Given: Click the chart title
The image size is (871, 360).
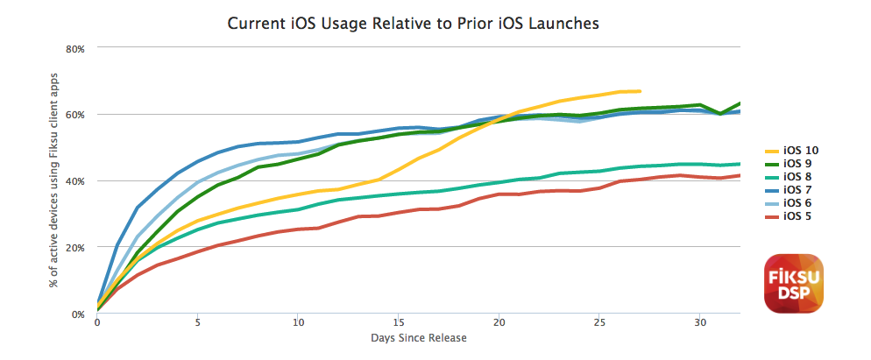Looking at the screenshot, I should pyautogui.click(x=414, y=24).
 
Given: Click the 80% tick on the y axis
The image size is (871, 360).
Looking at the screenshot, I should pyautogui.click(x=75, y=48).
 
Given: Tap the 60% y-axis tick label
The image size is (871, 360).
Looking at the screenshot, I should pyautogui.click(x=75, y=115).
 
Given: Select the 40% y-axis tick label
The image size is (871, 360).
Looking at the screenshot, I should pyautogui.click(x=75, y=181).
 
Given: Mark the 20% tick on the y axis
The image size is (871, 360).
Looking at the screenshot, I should pyautogui.click(x=75, y=248).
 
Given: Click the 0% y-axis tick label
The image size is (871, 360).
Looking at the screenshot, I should pyautogui.click(x=78, y=314).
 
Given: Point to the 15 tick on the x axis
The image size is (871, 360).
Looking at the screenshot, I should pyautogui.click(x=399, y=323).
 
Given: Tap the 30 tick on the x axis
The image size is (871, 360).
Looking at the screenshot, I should pyautogui.click(x=700, y=323).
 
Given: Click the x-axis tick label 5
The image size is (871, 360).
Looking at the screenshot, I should pyautogui.click(x=198, y=323).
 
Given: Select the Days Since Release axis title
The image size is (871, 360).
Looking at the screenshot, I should pyautogui.click(x=419, y=337).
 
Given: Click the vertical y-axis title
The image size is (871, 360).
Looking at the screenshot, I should pyautogui.click(x=54, y=180).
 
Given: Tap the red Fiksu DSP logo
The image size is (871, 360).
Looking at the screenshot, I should pyautogui.click(x=794, y=283).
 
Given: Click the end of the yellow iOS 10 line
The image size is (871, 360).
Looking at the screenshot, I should pyautogui.click(x=641, y=91).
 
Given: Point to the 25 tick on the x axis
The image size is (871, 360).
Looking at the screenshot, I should pyautogui.click(x=599, y=323).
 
